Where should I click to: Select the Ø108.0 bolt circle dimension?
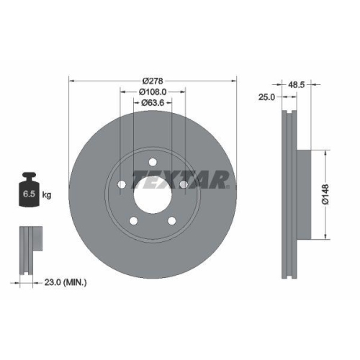153,91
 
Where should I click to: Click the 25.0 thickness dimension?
267,96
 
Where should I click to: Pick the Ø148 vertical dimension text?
325,195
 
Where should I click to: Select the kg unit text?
47,194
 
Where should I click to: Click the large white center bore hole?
153,195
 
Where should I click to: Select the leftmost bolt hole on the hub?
122,185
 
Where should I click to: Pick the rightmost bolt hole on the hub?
184,185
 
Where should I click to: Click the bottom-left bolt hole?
133,221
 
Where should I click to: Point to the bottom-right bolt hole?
172,221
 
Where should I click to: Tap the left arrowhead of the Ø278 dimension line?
71,79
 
